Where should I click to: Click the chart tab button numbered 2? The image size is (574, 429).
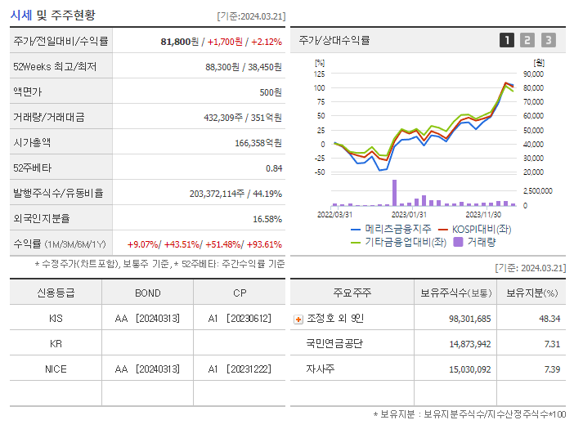tap(527, 40)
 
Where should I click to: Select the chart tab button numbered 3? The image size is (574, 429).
tap(548, 40)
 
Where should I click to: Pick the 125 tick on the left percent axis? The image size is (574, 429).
tap(319, 74)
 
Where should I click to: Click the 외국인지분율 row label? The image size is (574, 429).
tap(43, 219)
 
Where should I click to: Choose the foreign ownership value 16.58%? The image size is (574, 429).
tap(267, 219)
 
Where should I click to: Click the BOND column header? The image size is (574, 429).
tap(147, 292)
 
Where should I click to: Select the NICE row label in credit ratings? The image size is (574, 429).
tap(56, 369)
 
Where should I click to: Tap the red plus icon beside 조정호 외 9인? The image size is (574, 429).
tap(298, 319)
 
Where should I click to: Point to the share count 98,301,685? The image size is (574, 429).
tap(469, 319)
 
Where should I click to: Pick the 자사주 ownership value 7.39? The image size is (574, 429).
tap(552, 369)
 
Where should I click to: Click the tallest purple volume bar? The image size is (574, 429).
tap(394, 193)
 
